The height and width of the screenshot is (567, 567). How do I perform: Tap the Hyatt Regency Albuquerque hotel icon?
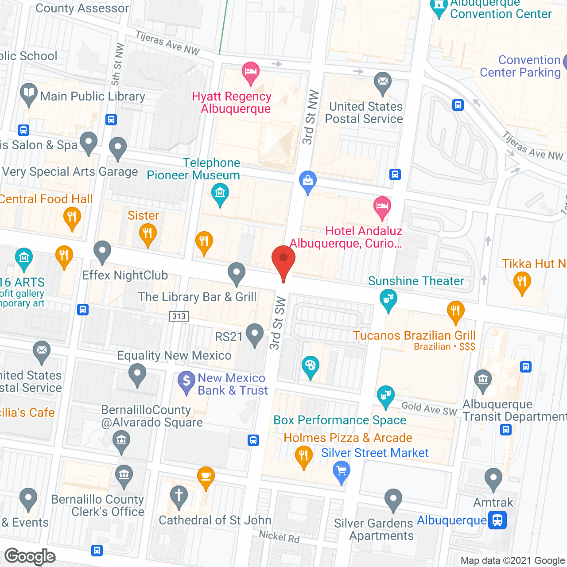coord(250,72)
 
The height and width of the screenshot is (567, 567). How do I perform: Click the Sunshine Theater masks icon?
coord(388,299)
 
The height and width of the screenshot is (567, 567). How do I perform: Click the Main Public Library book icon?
coord(29,93)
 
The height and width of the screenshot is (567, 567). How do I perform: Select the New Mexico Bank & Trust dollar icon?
coord(186,381)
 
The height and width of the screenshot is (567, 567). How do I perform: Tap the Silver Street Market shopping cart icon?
coord(341,471)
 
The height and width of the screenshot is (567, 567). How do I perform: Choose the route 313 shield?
coord(179,316)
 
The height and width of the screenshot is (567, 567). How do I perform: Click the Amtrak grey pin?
coord(493,479)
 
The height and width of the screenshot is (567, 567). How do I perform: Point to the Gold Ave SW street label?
coord(429,408)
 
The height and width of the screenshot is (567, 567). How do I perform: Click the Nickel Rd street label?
coord(279,536)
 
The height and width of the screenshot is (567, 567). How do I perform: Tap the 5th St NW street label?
coord(117,65)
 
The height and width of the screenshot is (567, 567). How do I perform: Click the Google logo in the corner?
coord(30,556)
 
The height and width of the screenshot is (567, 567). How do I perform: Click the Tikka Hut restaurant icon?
coord(522,283)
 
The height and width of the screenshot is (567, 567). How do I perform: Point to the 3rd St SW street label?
coord(277,323)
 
